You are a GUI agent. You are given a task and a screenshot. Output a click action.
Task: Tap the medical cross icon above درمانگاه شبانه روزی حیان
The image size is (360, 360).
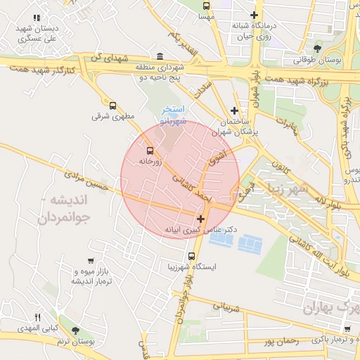pos(254,15)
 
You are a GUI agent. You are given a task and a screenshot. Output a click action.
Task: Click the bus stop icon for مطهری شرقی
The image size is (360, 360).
pos(112,105)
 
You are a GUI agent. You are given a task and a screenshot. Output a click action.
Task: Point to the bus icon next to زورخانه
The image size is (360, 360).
pos(149,150)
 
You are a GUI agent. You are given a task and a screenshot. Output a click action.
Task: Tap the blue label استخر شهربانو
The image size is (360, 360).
pos(173,115)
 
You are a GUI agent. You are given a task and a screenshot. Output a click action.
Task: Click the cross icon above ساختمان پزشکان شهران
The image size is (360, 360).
pos(235,110)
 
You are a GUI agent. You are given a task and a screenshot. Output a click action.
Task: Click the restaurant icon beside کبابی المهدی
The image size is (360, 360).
pos(39,317)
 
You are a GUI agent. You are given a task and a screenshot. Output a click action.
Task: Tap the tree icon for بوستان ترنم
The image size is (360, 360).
pos(75,330)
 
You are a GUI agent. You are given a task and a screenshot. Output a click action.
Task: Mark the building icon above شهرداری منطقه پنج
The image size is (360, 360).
pos(160,57)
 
